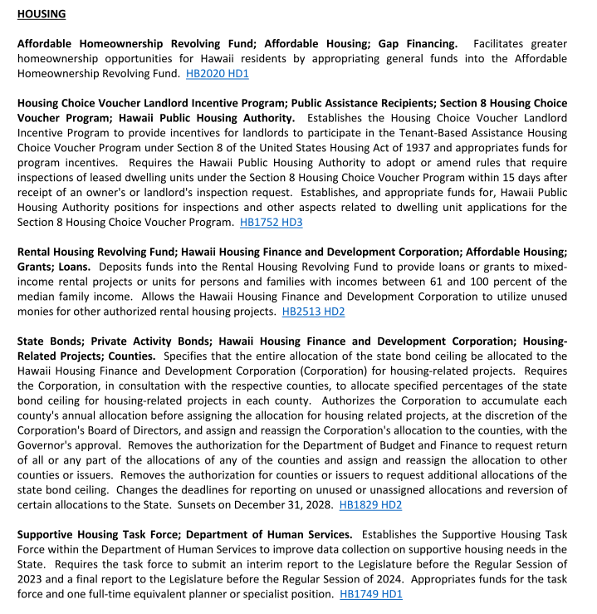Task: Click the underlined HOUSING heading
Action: tap(42, 14)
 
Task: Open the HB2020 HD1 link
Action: tap(218, 74)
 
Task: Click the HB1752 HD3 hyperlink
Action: tap(271, 223)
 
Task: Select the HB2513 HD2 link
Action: tap(313, 312)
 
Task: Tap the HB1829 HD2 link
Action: tap(370, 504)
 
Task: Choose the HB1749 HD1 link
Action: tap(371, 594)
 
